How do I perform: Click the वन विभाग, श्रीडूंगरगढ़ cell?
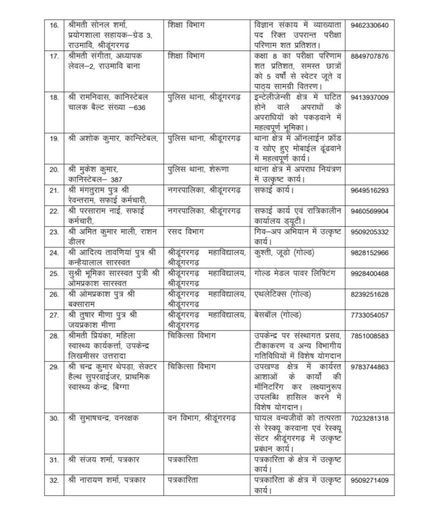click(x=202, y=418)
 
